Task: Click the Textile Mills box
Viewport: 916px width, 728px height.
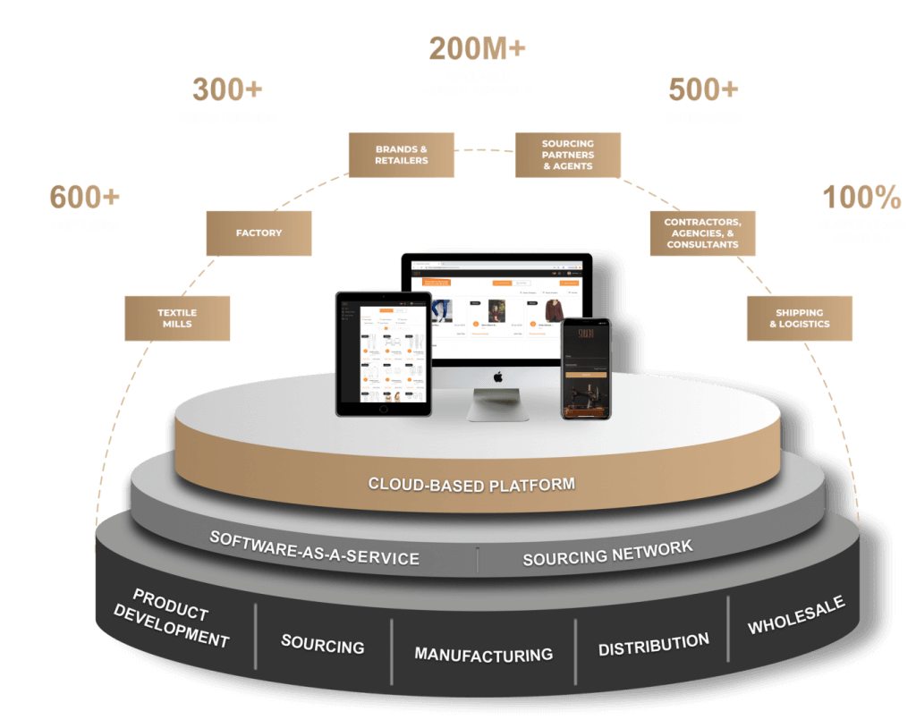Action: (177, 318)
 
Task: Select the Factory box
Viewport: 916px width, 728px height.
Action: (259, 233)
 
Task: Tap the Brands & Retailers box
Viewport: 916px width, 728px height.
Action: (401, 155)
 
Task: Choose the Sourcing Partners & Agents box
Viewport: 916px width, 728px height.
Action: (567, 155)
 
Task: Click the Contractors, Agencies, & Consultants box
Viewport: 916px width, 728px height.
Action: (702, 233)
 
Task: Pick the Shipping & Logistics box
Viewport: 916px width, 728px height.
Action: (800, 318)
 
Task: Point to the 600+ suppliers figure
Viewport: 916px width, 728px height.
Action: (84, 198)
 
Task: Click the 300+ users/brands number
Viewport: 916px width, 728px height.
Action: (227, 90)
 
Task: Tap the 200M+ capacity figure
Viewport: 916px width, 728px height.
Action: (477, 48)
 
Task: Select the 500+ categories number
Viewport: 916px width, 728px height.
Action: (703, 90)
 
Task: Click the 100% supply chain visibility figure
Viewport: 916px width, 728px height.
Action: (861, 198)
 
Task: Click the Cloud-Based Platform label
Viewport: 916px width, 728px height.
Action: (471, 485)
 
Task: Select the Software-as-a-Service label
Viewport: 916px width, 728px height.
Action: (314, 548)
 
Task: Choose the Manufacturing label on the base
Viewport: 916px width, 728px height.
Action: (483, 655)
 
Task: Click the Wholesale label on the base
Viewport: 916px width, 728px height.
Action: (796, 615)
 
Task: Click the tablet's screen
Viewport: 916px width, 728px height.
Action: (384, 353)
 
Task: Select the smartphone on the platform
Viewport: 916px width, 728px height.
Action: (586, 368)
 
